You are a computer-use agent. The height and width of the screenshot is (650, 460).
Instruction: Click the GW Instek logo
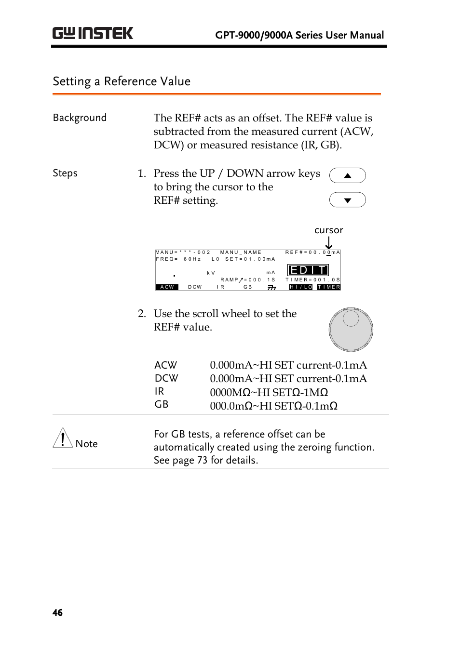[x=93, y=33]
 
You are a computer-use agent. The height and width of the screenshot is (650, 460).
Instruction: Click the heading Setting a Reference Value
[x=122, y=81]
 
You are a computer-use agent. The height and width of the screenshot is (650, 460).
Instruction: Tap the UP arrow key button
[x=347, y=176]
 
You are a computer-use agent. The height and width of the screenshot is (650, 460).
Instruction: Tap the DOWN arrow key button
[x=347, y=200]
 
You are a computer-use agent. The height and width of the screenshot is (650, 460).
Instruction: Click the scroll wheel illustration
[x=351, y=330]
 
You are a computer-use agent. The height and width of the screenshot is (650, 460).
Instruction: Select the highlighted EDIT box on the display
[x=308, y=270]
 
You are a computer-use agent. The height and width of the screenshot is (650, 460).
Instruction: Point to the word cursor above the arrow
[x=328, y=230]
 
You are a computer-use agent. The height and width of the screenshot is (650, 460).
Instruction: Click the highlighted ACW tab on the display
[x=167, y=287]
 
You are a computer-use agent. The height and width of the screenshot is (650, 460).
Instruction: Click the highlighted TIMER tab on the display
[x=329, y=287]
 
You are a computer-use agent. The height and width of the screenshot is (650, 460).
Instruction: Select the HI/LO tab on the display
[x=301, y=287]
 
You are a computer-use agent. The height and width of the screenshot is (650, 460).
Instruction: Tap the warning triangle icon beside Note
[x=63, y=438]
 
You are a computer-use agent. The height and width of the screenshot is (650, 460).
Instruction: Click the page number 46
[x=57, y=612]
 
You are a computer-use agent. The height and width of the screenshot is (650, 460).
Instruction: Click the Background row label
[x=80, y=118]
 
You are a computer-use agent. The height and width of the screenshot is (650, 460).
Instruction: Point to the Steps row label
[x=65, y=173]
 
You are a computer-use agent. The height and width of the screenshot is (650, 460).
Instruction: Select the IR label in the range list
[x=159, y=392]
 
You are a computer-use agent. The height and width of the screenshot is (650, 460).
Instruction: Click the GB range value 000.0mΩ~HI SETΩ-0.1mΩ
[x=273, y=406]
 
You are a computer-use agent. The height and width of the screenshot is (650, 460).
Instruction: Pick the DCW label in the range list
[x=166, y=379]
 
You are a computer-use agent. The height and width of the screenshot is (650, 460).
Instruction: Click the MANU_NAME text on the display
[x=241, y=252]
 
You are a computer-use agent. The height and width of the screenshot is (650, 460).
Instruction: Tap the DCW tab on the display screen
[x=195, y=287]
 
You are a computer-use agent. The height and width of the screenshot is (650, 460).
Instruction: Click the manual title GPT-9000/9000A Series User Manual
[x=299, y=35]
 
